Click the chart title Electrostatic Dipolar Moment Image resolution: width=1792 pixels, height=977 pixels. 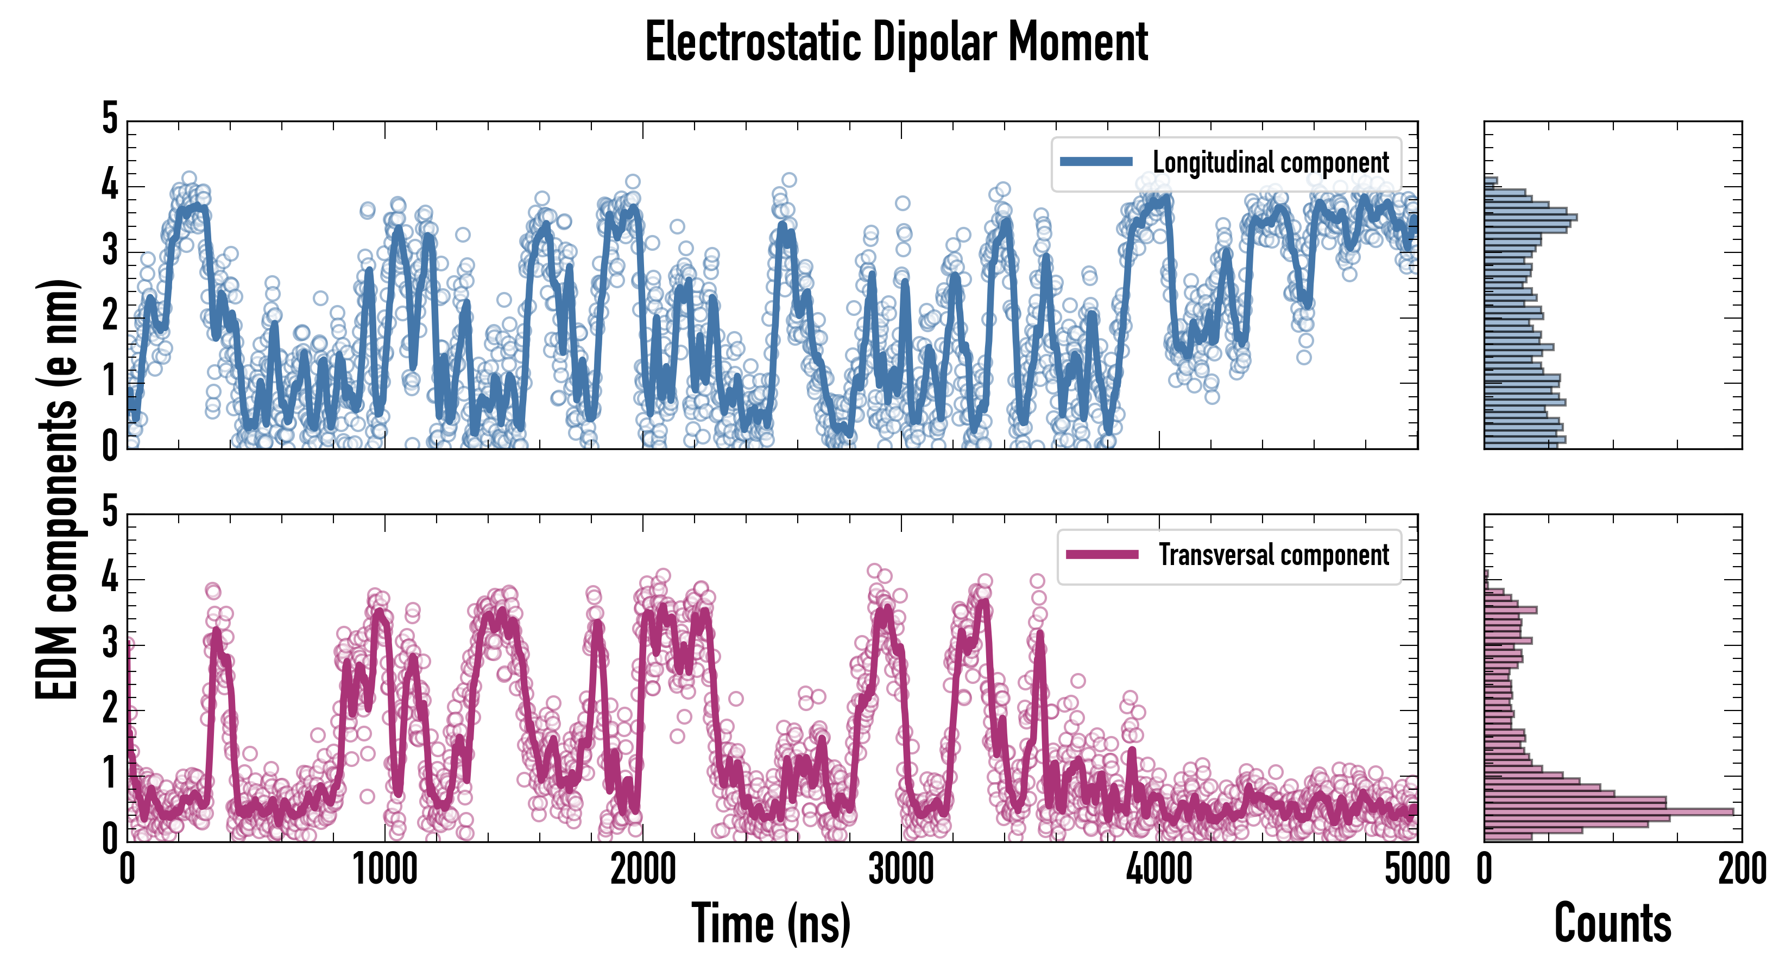tap(896, 43)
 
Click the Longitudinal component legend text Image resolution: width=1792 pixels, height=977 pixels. tap(1270, 163)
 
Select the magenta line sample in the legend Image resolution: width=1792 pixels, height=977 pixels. tap(1102, 555)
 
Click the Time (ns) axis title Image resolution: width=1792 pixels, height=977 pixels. tap(771, 923)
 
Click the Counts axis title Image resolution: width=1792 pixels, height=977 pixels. tap(1612, 923)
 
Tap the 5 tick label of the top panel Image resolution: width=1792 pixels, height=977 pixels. tap(110, 119)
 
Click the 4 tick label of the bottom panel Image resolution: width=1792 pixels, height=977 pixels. tap(110, 578)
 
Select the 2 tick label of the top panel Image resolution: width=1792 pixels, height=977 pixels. tap(110, 316)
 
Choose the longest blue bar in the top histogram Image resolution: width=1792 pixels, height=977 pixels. tap(1530, 218)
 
